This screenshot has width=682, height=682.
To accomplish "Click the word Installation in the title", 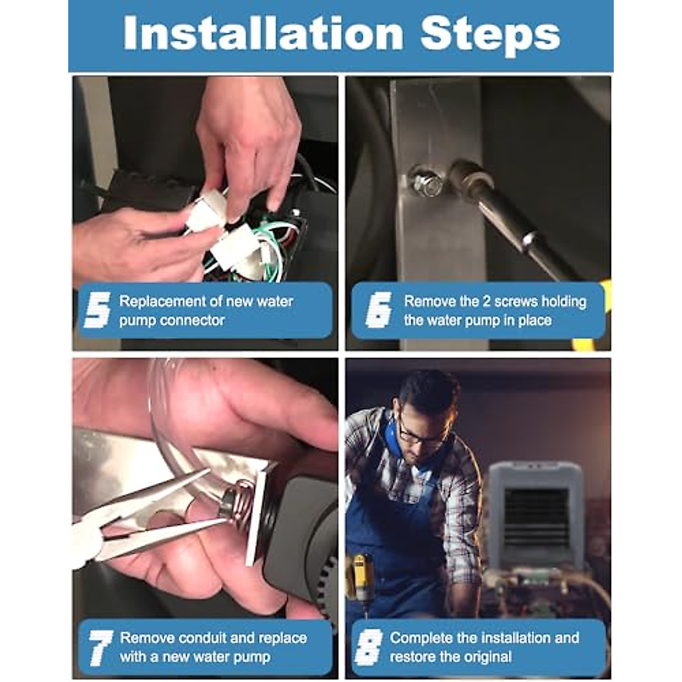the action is (263, 33).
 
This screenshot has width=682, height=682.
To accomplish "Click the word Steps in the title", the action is (490, 36).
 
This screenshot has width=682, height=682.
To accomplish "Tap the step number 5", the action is (97, 310).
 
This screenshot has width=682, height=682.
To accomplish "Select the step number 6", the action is (379, 310).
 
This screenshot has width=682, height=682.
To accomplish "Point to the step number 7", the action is (101, 648).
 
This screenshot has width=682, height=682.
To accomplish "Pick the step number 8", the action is (369, 648).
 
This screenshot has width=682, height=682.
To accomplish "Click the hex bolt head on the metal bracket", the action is (427, 184).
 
